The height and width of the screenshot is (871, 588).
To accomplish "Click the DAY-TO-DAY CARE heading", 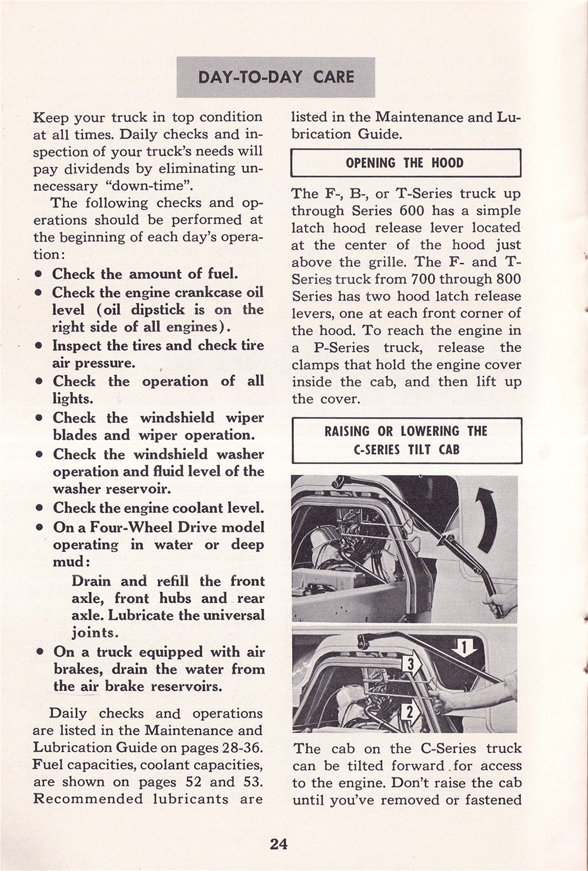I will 276,77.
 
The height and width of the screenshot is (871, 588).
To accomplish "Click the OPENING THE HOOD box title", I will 405,163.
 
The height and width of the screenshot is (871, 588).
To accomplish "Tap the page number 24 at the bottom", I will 278,844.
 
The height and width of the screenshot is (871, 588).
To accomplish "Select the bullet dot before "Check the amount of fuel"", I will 38,275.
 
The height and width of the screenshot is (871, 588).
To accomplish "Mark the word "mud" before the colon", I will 68,562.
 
